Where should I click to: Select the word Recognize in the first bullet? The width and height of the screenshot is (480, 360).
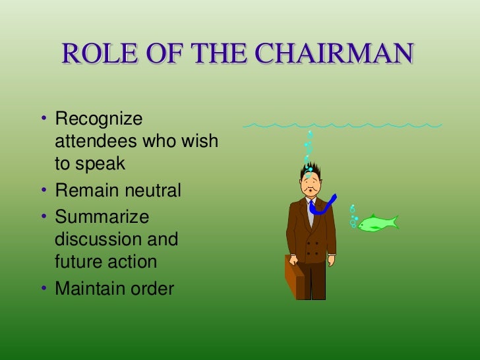click(x=99, y=120)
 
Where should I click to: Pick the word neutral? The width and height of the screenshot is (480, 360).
click(x=149, y=191)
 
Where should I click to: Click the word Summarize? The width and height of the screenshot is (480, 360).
click(x=102, y=217)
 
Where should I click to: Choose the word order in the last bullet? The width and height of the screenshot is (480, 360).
click(x=152, y=289)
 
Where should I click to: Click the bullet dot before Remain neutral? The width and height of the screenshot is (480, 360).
click(x=44, y=191)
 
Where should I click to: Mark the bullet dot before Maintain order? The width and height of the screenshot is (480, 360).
click(x=44, y=289)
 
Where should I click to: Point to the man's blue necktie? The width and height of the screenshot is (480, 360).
click(x=324, y=206)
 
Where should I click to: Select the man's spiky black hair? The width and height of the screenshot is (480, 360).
click(x=310, y=170)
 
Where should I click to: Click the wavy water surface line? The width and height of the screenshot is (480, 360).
click(x=343, y=125)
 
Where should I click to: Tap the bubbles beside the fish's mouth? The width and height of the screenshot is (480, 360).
click(x=353, y=217)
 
